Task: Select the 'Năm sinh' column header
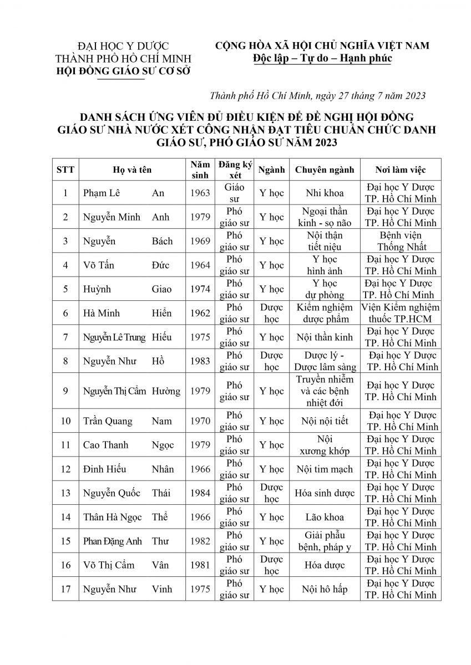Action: (x=200, y=170)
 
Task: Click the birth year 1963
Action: (x=200, y=193)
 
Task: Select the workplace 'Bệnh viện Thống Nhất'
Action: (x=401, y=241)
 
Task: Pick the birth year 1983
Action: (x=200, y=361)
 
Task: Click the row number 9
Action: (x=66, y=391)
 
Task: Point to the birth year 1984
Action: (x=200, y=493)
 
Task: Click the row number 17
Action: (x=66, y=589)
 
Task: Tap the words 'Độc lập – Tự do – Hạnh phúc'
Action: (x=322, y=58)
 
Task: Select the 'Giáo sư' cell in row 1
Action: (x=234, y=193)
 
